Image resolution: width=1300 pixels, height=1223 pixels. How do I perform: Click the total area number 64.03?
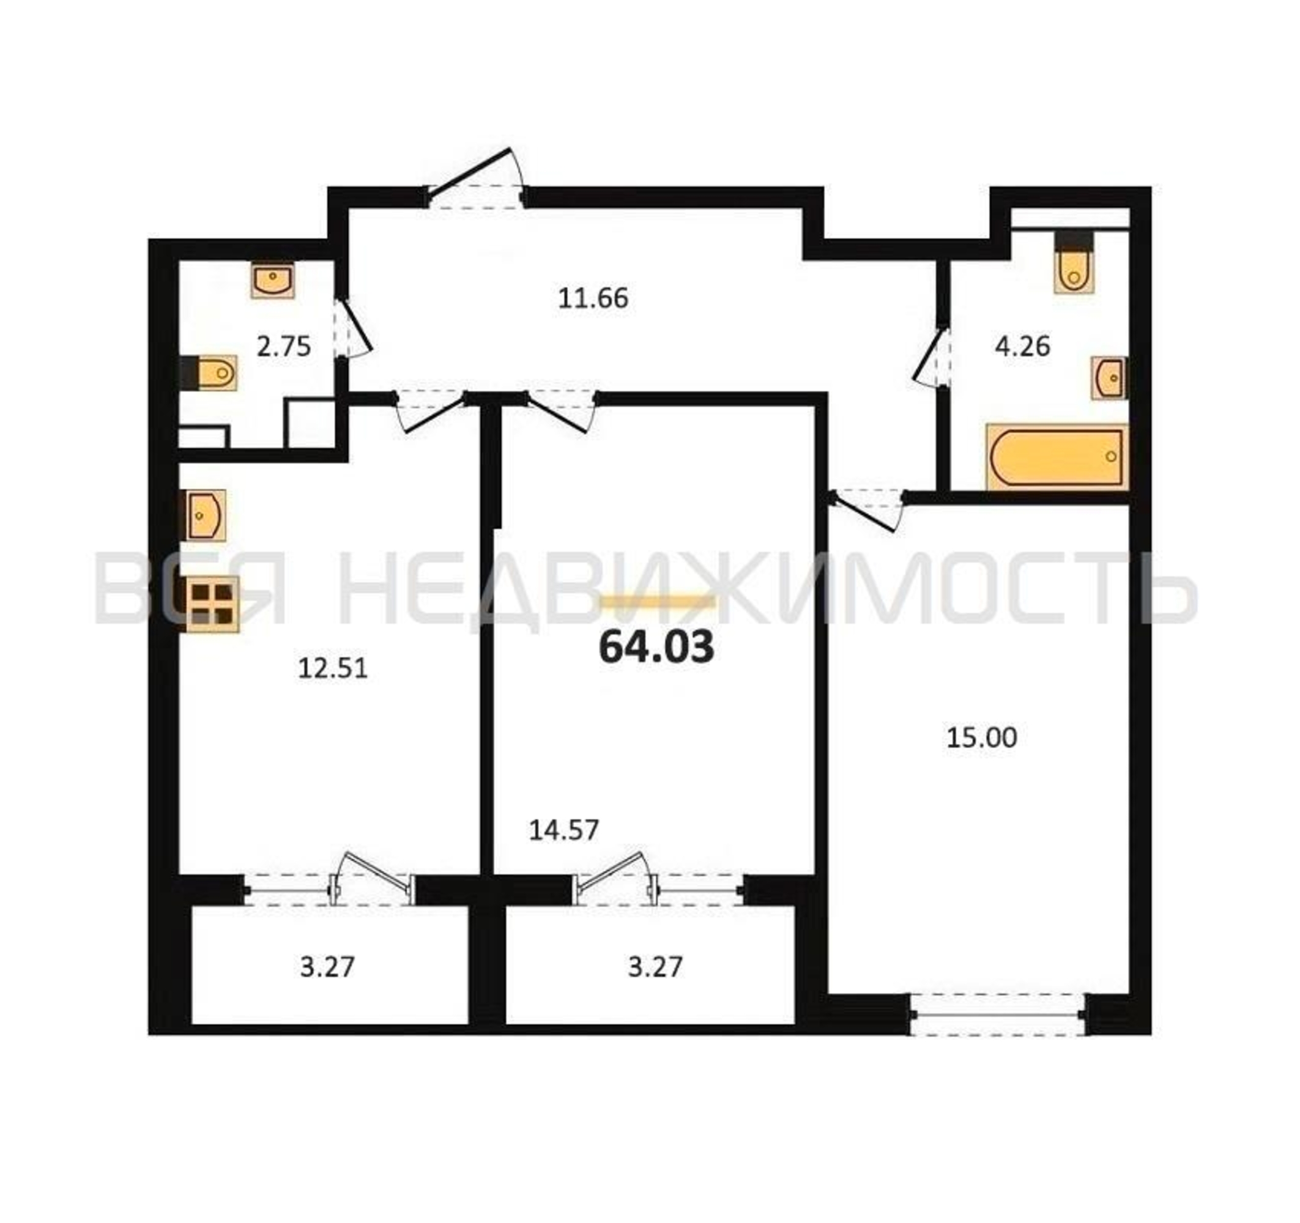656,648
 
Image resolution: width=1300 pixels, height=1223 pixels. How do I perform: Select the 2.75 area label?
283,347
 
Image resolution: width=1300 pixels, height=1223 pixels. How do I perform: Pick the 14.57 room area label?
563,830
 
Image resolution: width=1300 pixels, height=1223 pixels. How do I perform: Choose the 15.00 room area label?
981,738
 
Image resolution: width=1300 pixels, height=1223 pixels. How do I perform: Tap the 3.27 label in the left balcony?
327,967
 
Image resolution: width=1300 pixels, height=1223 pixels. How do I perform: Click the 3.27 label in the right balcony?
655,967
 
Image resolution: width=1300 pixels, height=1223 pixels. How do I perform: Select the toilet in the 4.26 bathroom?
1074,262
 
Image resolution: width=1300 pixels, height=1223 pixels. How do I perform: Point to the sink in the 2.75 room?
273,281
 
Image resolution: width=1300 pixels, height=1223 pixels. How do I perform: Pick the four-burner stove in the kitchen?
213,605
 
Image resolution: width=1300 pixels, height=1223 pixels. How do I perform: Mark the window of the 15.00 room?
998,1014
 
